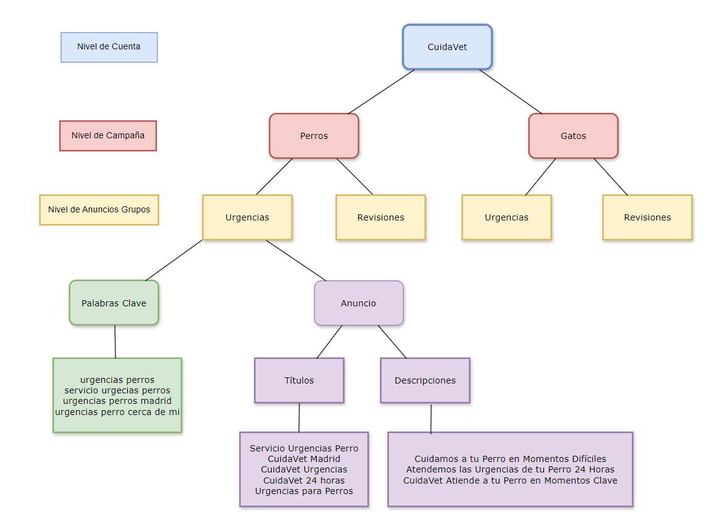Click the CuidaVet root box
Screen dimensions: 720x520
(447, 47)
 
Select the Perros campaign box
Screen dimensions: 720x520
(314, 136)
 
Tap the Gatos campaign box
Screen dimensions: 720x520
(573, 136)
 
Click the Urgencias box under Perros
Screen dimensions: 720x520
(247, 217)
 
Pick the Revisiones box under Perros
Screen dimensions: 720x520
(380, 217)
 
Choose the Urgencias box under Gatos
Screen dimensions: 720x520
(506, 217)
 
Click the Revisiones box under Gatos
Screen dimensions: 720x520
(648, 217)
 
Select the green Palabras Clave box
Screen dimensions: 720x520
(114, 303)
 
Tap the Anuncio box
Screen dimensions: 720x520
(359, 303)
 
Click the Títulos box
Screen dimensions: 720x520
(299, 380)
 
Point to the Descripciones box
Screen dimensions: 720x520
(425, 380)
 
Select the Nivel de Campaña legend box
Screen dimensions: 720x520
(108, 135)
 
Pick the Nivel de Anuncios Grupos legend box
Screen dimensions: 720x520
(99, 210)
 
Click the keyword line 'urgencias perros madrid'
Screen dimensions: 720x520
(117, 401)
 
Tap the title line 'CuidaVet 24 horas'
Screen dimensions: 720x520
(304, 480)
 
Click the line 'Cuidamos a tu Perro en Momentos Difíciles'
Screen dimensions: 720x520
(510, 459)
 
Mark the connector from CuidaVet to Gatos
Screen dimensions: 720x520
(511, 92)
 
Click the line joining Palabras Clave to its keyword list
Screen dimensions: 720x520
(115, 342)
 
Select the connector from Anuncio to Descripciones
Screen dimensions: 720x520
(392, 342)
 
